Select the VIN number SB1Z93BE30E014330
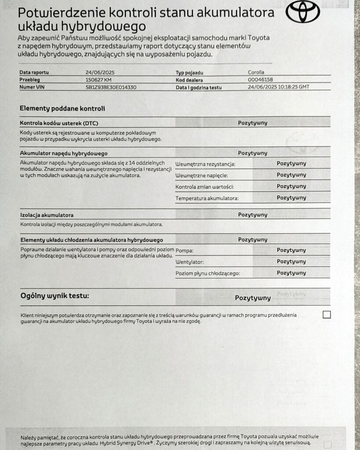click(111, 87)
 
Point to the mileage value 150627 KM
click(98, 80)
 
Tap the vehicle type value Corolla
click(256, 73)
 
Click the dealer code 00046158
click(261, 80)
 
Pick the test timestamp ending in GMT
click(278, 87)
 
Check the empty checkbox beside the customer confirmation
click(327, 315)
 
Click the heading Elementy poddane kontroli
click(62, 109)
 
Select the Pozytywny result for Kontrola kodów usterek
click(253, 123)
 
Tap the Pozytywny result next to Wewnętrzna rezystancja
click(291, 163)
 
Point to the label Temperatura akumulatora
click(207, 198)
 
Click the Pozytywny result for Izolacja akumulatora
click(253, 215)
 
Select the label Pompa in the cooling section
click(185, 250)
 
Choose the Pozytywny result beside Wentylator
click(291, 261)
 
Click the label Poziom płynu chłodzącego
click(207, 273)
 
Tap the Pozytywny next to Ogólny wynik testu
click(253, 298)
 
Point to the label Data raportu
click(34, 73)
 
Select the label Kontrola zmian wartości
click(204, 187)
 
